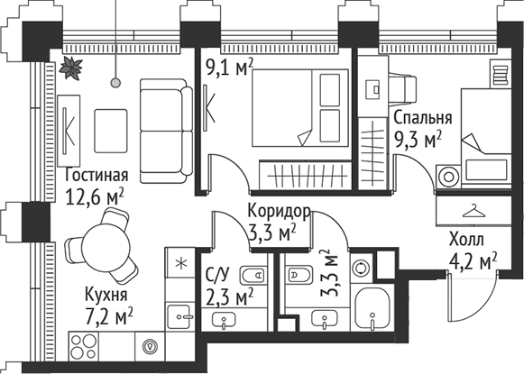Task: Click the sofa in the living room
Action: coord(164,116)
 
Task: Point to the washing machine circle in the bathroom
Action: coord(362,268)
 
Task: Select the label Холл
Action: coord(467,241)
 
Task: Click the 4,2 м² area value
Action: coord(474,262)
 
